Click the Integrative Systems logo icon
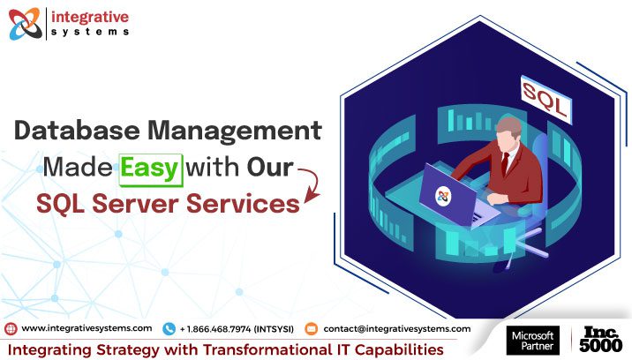point(24,24)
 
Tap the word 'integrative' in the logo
point(91,15)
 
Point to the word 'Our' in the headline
point(271,168)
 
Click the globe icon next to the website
point(11,328)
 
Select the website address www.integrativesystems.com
point(87,328)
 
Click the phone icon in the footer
point(169,328)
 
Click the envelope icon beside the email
point(311,328)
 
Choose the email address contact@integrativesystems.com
point(397,328)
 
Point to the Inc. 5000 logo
point(600,341)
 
